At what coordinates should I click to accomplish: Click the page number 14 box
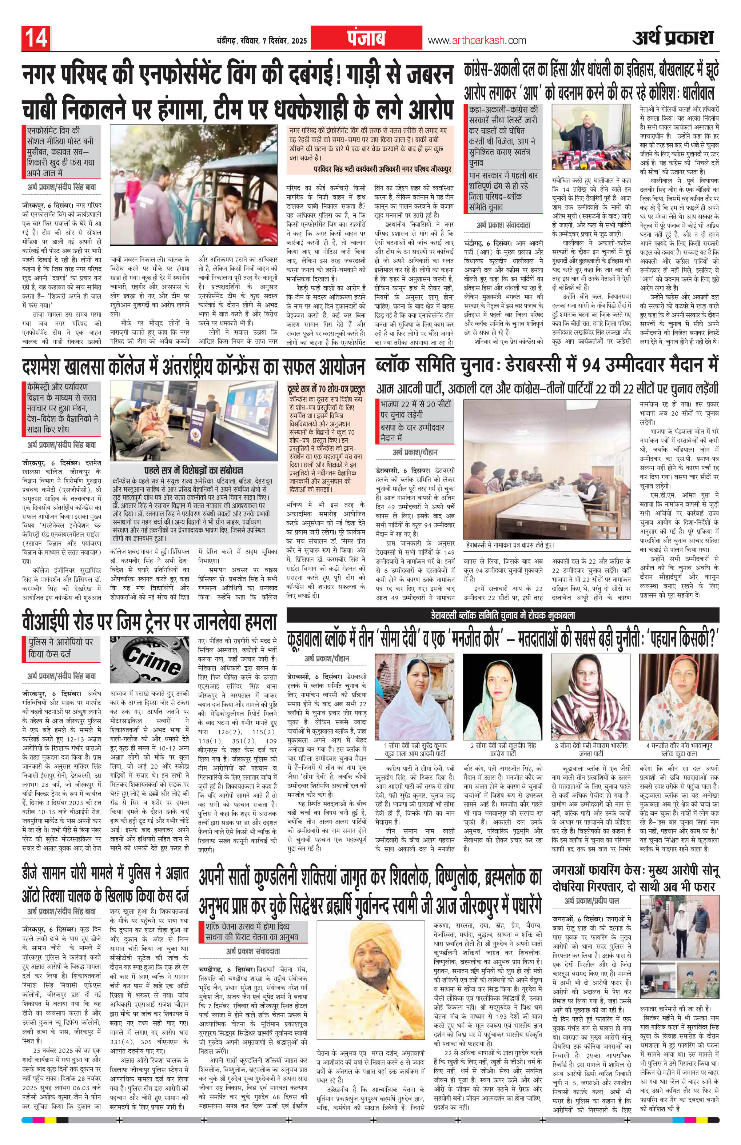pos(35,39)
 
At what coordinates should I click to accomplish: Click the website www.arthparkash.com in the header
pos(477,41)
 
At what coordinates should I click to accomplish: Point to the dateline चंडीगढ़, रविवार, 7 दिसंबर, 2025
pos(258,41)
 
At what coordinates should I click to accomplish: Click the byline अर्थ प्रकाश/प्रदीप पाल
pos(591,901)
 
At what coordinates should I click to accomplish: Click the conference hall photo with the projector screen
pos(194,421)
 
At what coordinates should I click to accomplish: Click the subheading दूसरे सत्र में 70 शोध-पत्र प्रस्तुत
pos(326,389)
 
